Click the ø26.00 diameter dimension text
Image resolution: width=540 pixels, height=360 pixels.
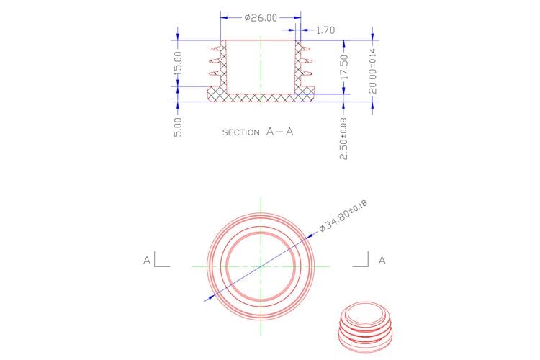point(261,18)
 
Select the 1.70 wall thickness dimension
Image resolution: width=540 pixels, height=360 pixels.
point(325,30)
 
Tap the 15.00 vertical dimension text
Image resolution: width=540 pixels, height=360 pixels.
point(178,64)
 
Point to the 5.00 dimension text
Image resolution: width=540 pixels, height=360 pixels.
point(178,127)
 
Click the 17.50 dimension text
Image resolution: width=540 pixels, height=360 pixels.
point(344,67)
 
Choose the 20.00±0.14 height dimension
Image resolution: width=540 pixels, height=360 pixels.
point(373,71)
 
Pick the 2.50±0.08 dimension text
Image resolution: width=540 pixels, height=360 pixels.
point(343,139)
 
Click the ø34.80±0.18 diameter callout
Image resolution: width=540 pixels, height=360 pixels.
point(343,216)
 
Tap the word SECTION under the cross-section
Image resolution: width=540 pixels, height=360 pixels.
point(241,132)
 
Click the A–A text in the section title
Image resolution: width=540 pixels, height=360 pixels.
point(279,132)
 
